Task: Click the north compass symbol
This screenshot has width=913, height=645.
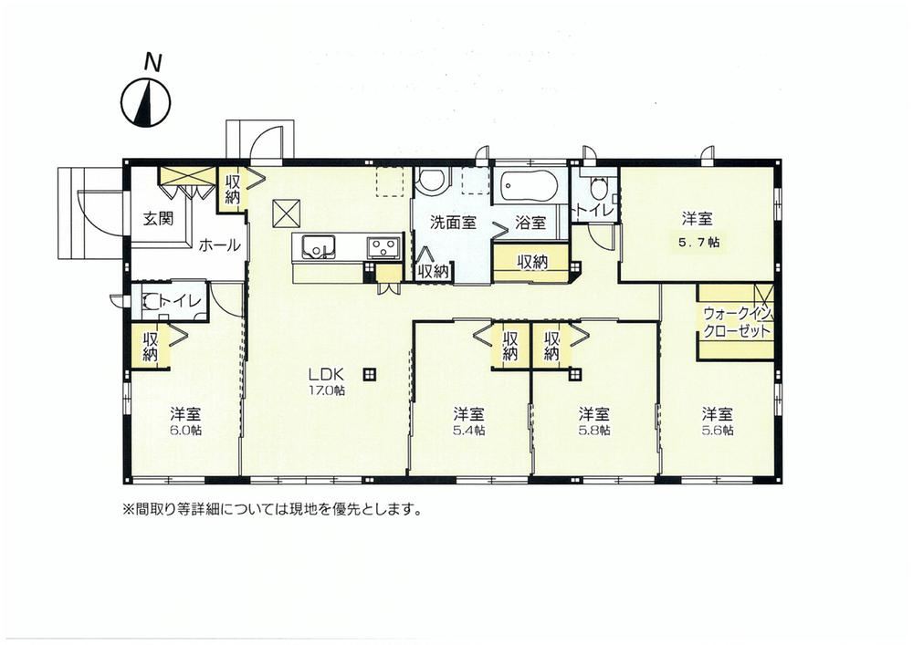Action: pos(146,102)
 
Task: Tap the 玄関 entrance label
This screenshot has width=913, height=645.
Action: pos(158,219)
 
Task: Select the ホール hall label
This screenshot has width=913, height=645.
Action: pos(219,245)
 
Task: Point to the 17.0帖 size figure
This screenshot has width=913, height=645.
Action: pos(327,390)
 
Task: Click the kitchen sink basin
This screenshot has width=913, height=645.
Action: pos(318,248)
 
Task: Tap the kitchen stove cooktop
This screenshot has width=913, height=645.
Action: pos(383,248)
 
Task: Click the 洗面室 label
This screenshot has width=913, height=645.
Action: pos(453,223)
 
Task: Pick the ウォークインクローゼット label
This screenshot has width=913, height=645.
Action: pos(737,322)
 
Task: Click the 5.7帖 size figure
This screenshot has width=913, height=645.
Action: pos(698,243)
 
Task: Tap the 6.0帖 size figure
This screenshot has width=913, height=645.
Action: pos(186,432)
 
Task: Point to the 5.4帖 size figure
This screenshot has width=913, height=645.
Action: pos(469,431)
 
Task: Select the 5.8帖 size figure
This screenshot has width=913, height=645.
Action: pos(594,431)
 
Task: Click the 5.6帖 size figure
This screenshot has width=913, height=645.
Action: pos(718,431)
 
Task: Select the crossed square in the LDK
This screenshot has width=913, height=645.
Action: pos(286,213)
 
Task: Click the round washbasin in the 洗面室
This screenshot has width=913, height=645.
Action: pos(432,180)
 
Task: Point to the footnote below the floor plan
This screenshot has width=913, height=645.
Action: pos(271,510)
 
